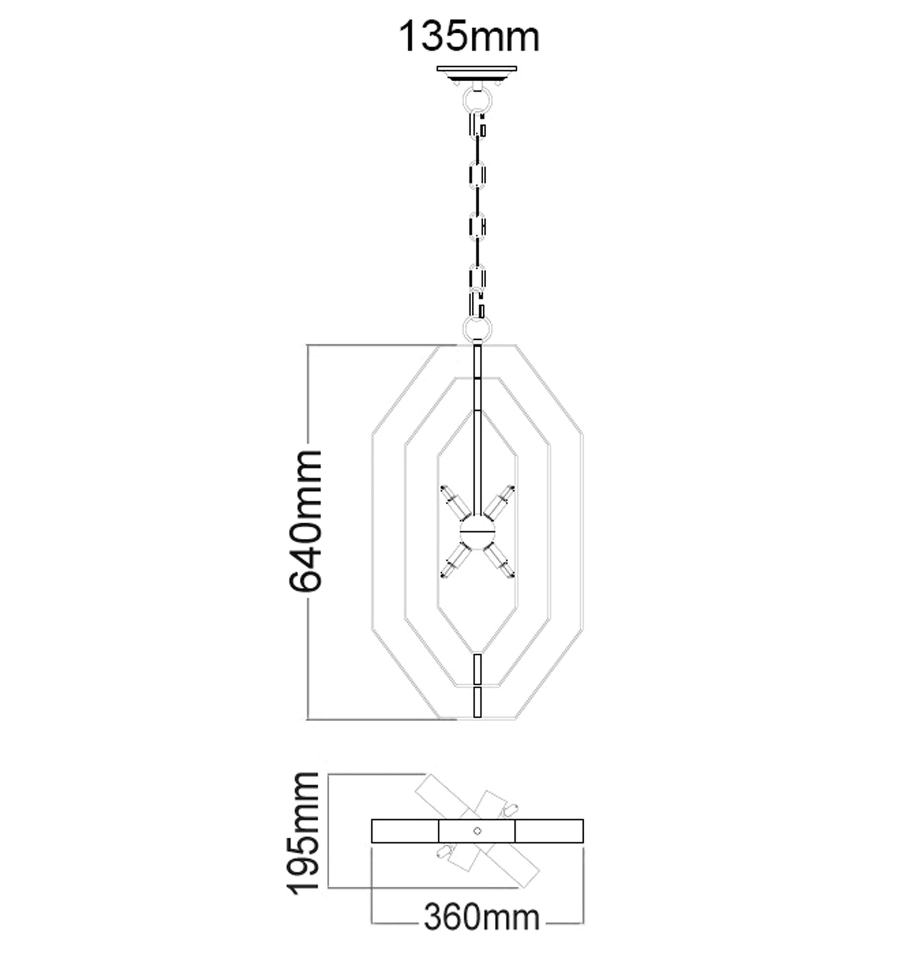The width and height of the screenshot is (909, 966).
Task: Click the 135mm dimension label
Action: (x=469, y=37)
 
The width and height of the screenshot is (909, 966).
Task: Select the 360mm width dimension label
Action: (x=481, y=917)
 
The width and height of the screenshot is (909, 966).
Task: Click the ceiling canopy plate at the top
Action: (x=477, y=69)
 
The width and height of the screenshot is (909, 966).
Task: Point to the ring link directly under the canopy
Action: (x=477, y=99)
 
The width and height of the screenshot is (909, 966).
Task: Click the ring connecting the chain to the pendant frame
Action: (x=477, y=329)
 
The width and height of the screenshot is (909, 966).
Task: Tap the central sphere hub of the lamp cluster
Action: (x=477, y=530)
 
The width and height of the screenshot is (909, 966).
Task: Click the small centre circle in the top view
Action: (x=477, y=831)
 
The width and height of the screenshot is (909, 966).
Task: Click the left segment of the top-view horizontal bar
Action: (x=405, y=831)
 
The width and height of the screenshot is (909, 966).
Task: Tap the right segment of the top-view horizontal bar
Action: (x=549, y=831)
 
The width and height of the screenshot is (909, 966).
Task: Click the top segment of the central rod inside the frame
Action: (x=477, y=360)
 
